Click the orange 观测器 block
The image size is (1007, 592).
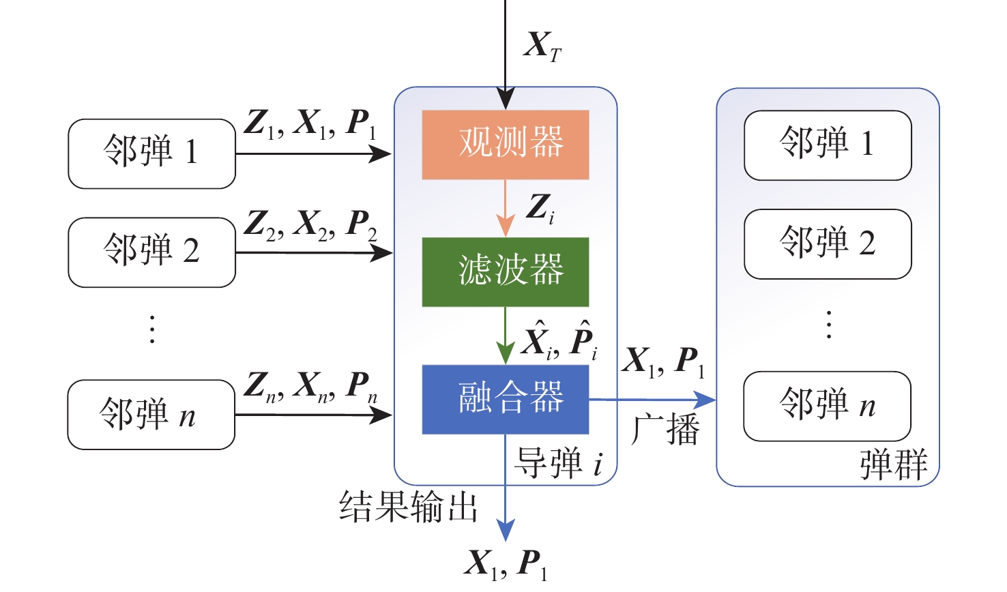[505, 145]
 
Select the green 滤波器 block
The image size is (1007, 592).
[505, 271]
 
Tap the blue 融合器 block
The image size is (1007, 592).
[505, 399]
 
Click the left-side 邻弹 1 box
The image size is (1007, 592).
[151, 153]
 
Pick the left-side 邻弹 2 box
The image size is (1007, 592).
[151, 252]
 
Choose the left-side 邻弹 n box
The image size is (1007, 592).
[151, 415]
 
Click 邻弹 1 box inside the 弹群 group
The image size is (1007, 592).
[828, 145]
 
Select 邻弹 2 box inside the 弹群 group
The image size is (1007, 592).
[828, 244]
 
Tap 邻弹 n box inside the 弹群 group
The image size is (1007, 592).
[827, 406]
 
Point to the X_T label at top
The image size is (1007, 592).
[542, 46]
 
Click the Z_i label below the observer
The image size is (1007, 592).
[540, 207]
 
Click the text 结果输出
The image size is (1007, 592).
[408, 507]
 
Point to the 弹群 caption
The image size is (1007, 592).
[893, 465]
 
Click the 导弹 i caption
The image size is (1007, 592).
[558, 464]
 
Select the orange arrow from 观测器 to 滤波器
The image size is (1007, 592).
[505, 208]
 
